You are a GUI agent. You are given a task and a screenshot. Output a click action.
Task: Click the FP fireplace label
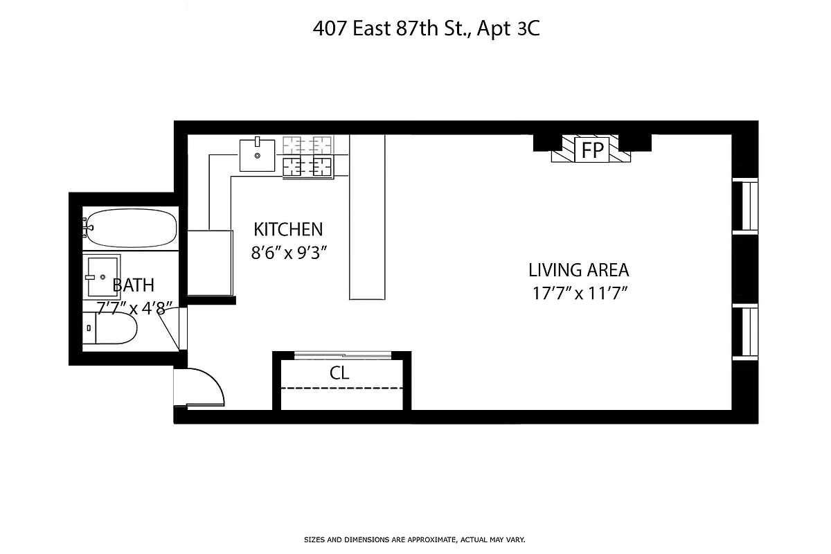(592, 150)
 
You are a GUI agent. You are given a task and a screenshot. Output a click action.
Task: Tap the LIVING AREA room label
(578, 269)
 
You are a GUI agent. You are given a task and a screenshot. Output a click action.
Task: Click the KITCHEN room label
(288, 229)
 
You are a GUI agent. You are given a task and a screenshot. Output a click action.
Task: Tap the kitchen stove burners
(308, 157)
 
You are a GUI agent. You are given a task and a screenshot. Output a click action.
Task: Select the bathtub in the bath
(130, 229)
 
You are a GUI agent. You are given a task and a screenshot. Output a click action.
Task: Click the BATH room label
(133, 285)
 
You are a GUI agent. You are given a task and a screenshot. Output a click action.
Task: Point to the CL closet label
(339, 373)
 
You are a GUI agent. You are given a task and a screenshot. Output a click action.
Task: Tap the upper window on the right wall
(746, 205)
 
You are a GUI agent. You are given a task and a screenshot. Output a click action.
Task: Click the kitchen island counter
(367, 217)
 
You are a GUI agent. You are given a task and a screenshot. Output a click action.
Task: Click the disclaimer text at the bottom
(415, 539)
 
